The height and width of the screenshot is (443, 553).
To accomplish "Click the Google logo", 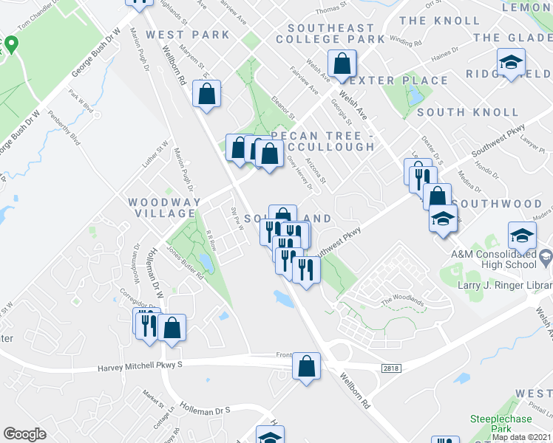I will [24, 434].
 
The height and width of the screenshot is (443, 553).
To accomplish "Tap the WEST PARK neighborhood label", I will [188, 35].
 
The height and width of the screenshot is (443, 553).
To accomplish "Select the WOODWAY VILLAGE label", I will [164, 207].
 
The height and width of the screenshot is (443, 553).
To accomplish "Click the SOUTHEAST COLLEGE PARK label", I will [331, 33].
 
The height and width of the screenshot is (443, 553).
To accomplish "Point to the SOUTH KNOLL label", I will [468, 112].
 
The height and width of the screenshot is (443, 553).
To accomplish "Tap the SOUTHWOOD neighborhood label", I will [497, 203].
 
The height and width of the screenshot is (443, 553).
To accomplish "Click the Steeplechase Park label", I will [501, 424].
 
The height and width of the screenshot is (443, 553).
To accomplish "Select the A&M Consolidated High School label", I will [494, 259].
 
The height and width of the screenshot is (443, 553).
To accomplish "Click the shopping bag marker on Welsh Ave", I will [342, 64].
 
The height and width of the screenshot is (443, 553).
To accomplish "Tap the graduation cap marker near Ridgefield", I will [510, 63].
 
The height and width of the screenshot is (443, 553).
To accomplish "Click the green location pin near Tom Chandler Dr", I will [10, 45].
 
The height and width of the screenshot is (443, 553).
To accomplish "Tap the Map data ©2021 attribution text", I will [521, 437].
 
